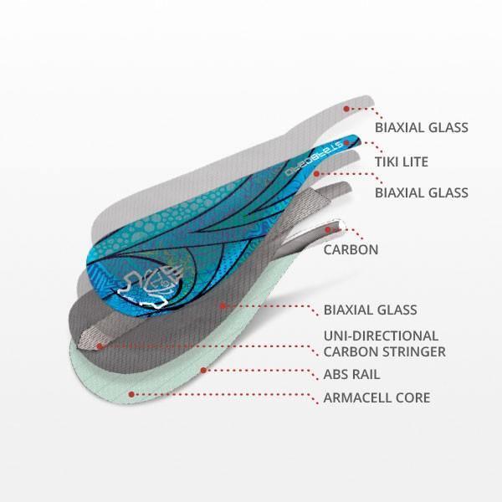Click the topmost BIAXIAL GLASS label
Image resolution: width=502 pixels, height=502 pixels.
coord(421,128)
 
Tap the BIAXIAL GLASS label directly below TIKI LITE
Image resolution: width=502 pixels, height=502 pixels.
coord(421,192)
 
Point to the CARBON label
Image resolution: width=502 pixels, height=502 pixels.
coord(351,248)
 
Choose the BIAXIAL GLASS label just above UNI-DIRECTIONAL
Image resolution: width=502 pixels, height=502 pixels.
coord(370,310)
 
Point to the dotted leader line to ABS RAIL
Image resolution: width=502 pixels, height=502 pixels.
coord(259,371)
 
